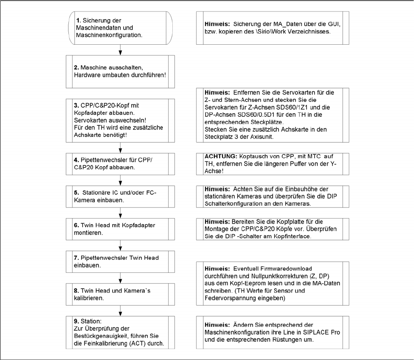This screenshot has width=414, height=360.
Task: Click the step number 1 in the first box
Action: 78,21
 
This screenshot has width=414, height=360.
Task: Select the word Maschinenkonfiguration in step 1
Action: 110,35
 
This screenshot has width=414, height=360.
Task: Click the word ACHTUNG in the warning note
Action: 219,157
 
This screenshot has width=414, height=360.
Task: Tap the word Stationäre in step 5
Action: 97,193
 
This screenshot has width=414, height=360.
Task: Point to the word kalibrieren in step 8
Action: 91,297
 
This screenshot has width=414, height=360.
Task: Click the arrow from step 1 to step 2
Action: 120,49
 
